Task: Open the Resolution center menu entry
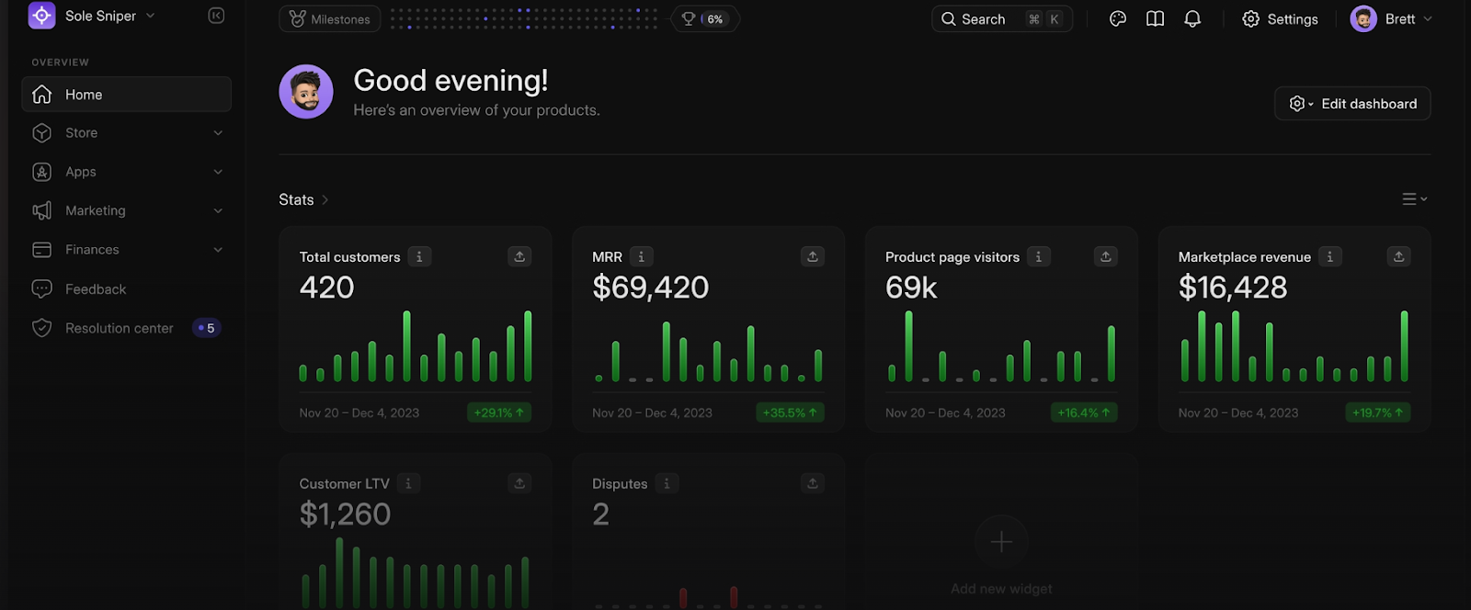coord(119,328)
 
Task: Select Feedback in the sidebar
coord(95,289)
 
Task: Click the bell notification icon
coord(1192,19)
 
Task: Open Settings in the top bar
coord(1280,19)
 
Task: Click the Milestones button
coord(329,19)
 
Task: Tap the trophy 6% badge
coord(705,19)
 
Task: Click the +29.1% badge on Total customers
coord(498,412)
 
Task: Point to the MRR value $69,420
coord(650,288)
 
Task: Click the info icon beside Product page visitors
coord(1038,257)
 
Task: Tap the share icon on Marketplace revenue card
coord(1398,257)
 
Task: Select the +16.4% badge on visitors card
coord(1083,412)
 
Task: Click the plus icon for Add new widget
coord(1001,542)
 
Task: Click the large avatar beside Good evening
coord(306,92)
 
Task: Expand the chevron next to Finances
coord(218,250)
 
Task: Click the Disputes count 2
coord(600,514)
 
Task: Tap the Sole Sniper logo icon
coord(42,16)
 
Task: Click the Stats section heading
coord(296,199)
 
